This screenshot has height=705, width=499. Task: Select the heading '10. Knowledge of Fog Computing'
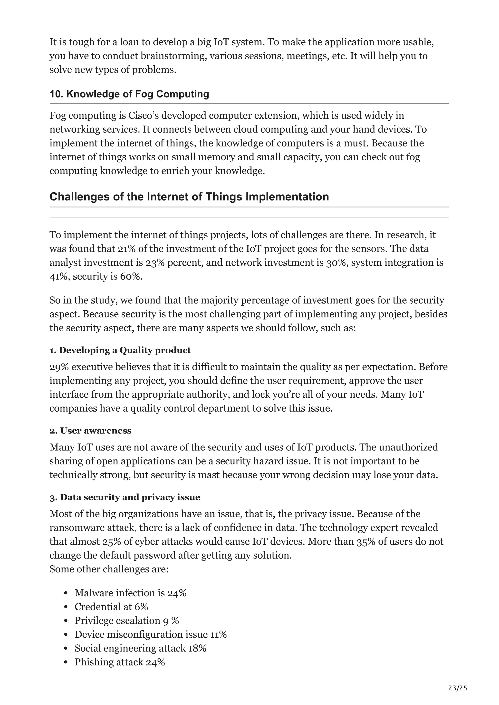(x=129, y=94)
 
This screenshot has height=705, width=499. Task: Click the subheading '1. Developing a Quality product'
(x=120, y=350)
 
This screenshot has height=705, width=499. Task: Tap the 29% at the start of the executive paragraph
(x=59, y=367)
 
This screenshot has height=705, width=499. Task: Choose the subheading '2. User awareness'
(x=90, y=431)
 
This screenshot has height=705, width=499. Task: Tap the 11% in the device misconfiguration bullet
(x=218, y=634)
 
